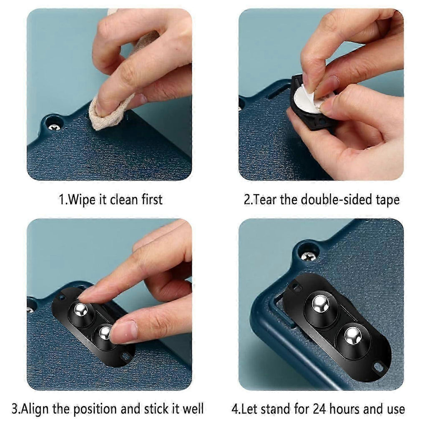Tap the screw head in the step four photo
[x=307, y=256]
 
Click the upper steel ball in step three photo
[x=81, y=309]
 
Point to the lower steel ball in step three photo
[x=104, y=333]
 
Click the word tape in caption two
[x=388, y=200]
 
